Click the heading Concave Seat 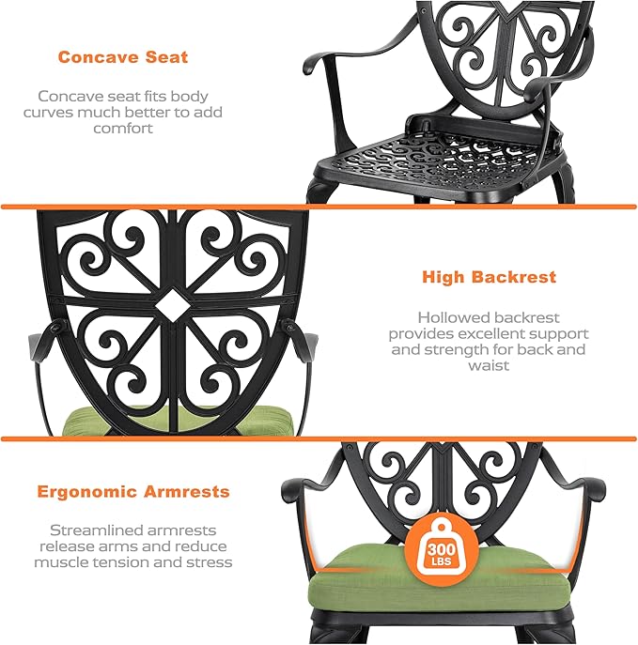(123, 57)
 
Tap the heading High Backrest (489, 277)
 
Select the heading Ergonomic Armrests (132, 491)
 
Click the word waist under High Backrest (489, 365)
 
